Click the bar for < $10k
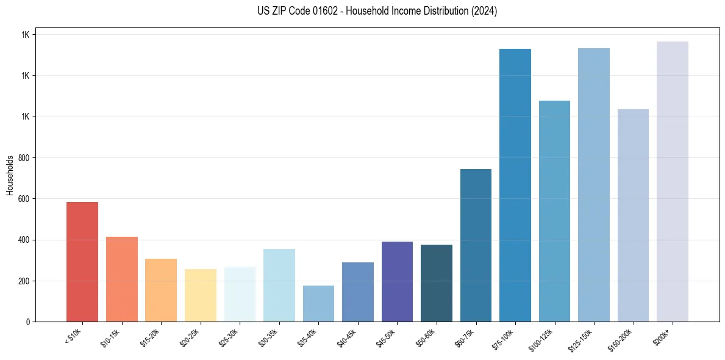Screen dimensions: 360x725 pos(82,262)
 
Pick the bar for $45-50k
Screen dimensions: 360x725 pos(397,281)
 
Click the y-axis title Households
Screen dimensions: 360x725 pos(10,175)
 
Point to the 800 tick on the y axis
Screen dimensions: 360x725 pos(26,158)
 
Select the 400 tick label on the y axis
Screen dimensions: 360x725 pos(26,240)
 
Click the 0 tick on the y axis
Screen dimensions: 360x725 pos(29,322)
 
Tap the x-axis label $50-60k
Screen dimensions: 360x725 pos(426,336)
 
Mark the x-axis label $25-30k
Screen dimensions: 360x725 pos(229,336)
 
